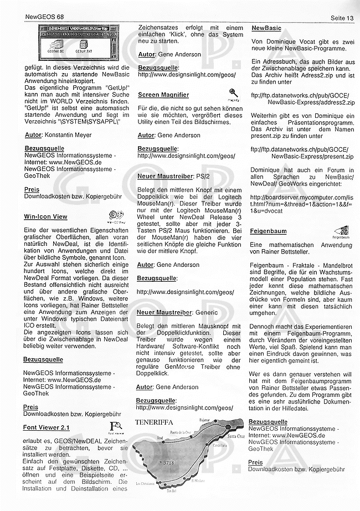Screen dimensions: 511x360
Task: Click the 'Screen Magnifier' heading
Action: [x=163, y=95]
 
